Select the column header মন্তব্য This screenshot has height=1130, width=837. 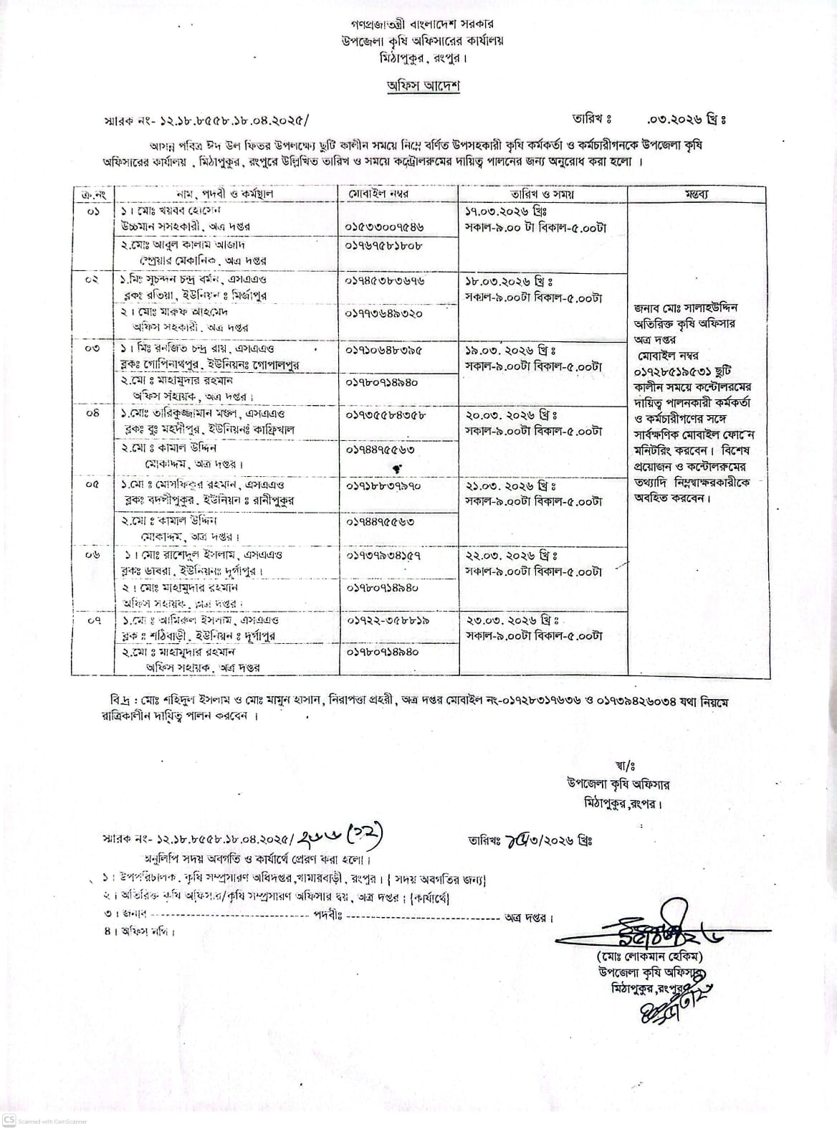(697, 194)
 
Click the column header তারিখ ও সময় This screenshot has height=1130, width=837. (542, 194)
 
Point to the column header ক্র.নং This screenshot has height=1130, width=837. (94, 194)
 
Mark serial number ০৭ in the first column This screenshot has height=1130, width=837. (94, 620)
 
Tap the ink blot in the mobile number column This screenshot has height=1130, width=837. (396, 467)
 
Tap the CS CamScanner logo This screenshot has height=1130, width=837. (9, 1121)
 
